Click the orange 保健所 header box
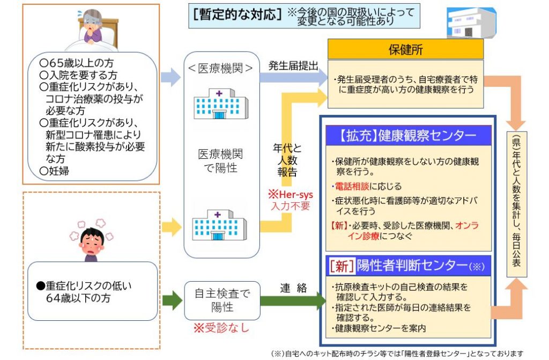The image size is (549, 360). pyautogui.click(x=405, y=49)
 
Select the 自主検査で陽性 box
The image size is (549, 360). pyautogui.click(x=221, y=300)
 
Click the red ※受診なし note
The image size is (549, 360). pyautogui.click(x=221, y=327)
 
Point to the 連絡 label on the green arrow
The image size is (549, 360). pyautogui.click(x=293, y=288)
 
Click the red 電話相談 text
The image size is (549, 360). pyautogui.click(x=353, y=187)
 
